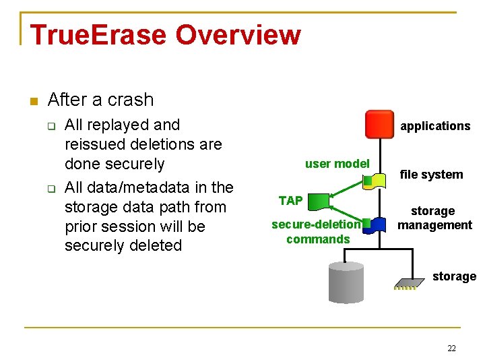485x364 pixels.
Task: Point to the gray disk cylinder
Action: click(346, 282)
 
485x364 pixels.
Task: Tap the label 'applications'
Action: click(435, 126)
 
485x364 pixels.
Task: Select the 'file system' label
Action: click(431, 175)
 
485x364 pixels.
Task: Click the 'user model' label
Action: click(337, 163)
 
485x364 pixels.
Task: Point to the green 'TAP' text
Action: click(290, 200)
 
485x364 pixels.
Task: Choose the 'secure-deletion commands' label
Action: click(316, 232)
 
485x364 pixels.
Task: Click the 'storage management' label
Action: click(434, 218)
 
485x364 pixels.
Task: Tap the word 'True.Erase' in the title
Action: click(91, 34)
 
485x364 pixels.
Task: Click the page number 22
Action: click(451, 348)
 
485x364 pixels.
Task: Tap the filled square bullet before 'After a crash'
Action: click(32, 101)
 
